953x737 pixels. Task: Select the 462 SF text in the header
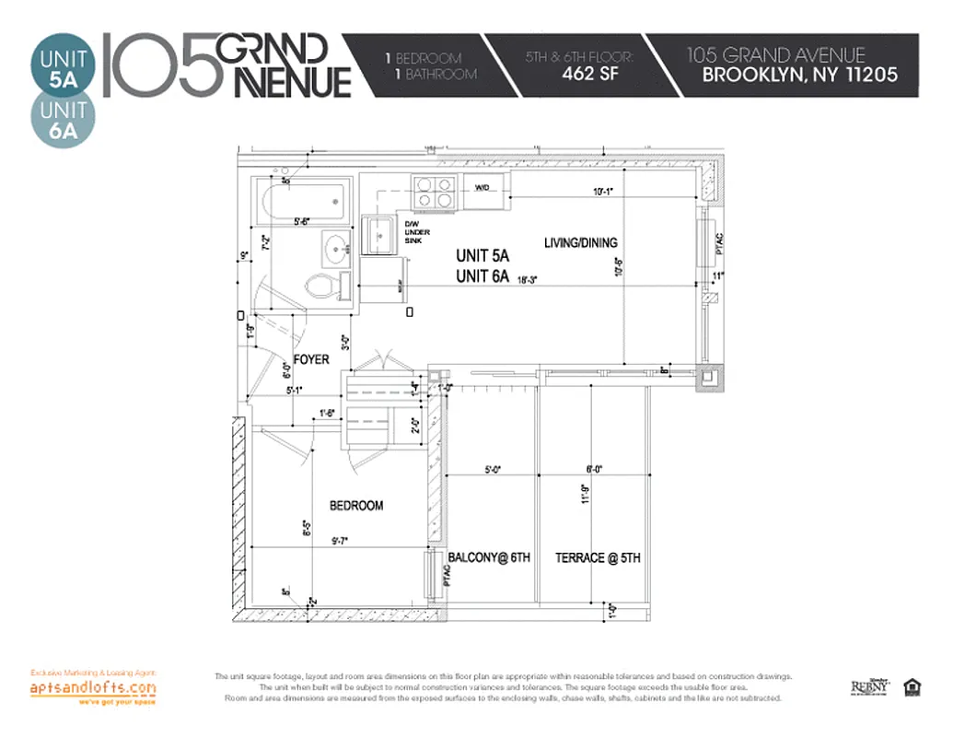point(591,75)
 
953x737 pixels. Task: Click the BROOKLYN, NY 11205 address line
point(799,76)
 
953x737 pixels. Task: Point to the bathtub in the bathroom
point(303,200)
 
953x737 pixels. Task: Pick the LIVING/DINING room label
point(580,243)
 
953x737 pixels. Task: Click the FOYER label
point(311,359)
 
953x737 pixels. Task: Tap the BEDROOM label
point(356,506)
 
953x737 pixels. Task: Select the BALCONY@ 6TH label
point(489,558)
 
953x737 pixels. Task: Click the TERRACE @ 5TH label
point(598,558)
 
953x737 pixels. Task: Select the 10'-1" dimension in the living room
point(603,192)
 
